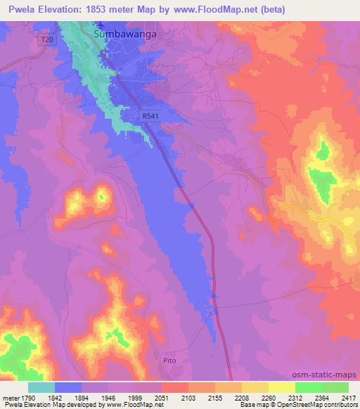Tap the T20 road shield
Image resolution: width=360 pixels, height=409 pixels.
pos(46,40)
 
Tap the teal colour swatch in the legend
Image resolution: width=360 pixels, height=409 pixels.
pos(41,387)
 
